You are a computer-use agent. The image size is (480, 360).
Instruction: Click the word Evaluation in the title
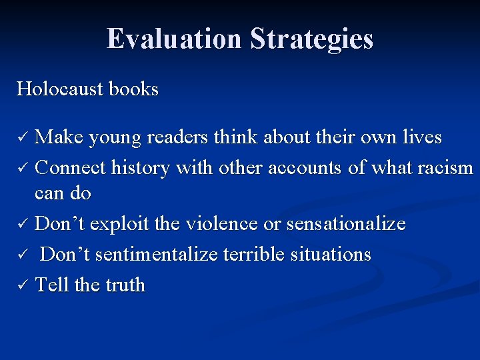pos(175,39)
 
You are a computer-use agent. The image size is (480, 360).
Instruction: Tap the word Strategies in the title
pos(311,39)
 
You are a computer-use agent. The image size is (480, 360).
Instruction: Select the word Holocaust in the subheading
pos(59,89)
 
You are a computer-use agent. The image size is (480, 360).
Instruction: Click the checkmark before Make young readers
pos(21,138)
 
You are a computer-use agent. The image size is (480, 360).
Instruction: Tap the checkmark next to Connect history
pos(21,168)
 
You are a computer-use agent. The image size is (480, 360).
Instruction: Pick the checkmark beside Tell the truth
pos(21,285)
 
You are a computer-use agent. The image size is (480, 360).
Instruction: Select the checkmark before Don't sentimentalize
pos(21,255)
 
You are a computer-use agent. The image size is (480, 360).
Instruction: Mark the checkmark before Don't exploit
pos(21,225)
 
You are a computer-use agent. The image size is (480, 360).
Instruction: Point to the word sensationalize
pos(345,224)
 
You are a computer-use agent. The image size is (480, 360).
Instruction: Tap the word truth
pos(125,285)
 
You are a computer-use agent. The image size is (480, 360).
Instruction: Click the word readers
pos(177,137)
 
